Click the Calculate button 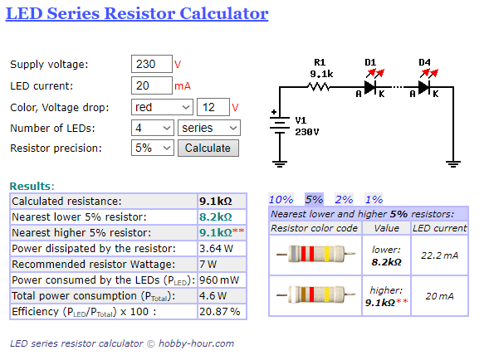pyautogui.click(x=208, y=148)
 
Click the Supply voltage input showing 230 pyautogui.click(x=152, y=64)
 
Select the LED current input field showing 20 pyautogui.click(x=152, y=85)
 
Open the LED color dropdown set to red pyautogui.click(x=162, y=107)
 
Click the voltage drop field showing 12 pyautogui.click(x=213, y=107)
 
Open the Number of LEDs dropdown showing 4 pyautogui.click(x=153, y=128)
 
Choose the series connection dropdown pyautogui.click(x=209, y=128)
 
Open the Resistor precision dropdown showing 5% pyautogui.click(x=153, y=148)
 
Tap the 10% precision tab pyautogui.click(x=281, y=199)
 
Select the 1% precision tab pyautogui.click(x=374, y=199)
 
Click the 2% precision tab pyautogui.click(x=344, y=199)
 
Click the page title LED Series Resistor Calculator pyautogui.click(x=137, y=13)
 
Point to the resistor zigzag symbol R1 pyautogui.click(x=318, y=86)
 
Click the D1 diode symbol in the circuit pyautogui.click(x=370, y=87)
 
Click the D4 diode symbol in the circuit pyautogui.click(x=424, y=87)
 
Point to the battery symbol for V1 pyautogui.click(x=280, y=125)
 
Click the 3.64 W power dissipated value pyautogui.click(x=216, y=248)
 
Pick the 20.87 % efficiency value pyautogui.click(x=219, y=311)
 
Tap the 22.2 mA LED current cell pyautogui.click(x=439, y=255)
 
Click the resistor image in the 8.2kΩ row pyautogui.click(x=315, y=254)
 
